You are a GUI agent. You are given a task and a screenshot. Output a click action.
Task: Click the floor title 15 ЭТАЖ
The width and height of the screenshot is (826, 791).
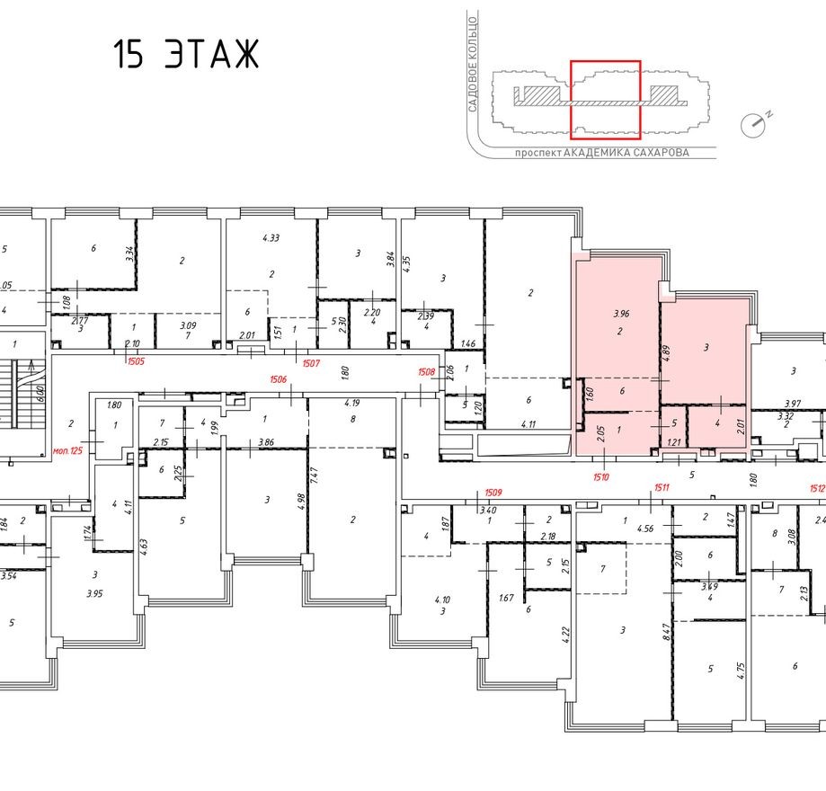[186, 56]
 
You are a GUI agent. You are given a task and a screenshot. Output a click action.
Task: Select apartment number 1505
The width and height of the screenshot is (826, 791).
[135, 362]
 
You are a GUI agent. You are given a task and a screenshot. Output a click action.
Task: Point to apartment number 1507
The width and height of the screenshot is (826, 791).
[311, 362]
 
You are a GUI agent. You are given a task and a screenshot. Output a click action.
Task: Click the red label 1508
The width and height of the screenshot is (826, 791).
[427, 371]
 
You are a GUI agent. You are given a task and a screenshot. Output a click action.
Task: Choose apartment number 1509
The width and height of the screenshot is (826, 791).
[493, 492]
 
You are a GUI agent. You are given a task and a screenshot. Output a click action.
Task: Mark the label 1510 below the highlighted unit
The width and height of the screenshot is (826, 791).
[600, 477]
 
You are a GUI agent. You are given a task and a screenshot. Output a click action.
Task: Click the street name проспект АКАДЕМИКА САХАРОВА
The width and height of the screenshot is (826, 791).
[601, 153]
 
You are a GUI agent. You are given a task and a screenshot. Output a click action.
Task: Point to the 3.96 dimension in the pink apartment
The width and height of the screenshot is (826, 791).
[620, 315]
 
